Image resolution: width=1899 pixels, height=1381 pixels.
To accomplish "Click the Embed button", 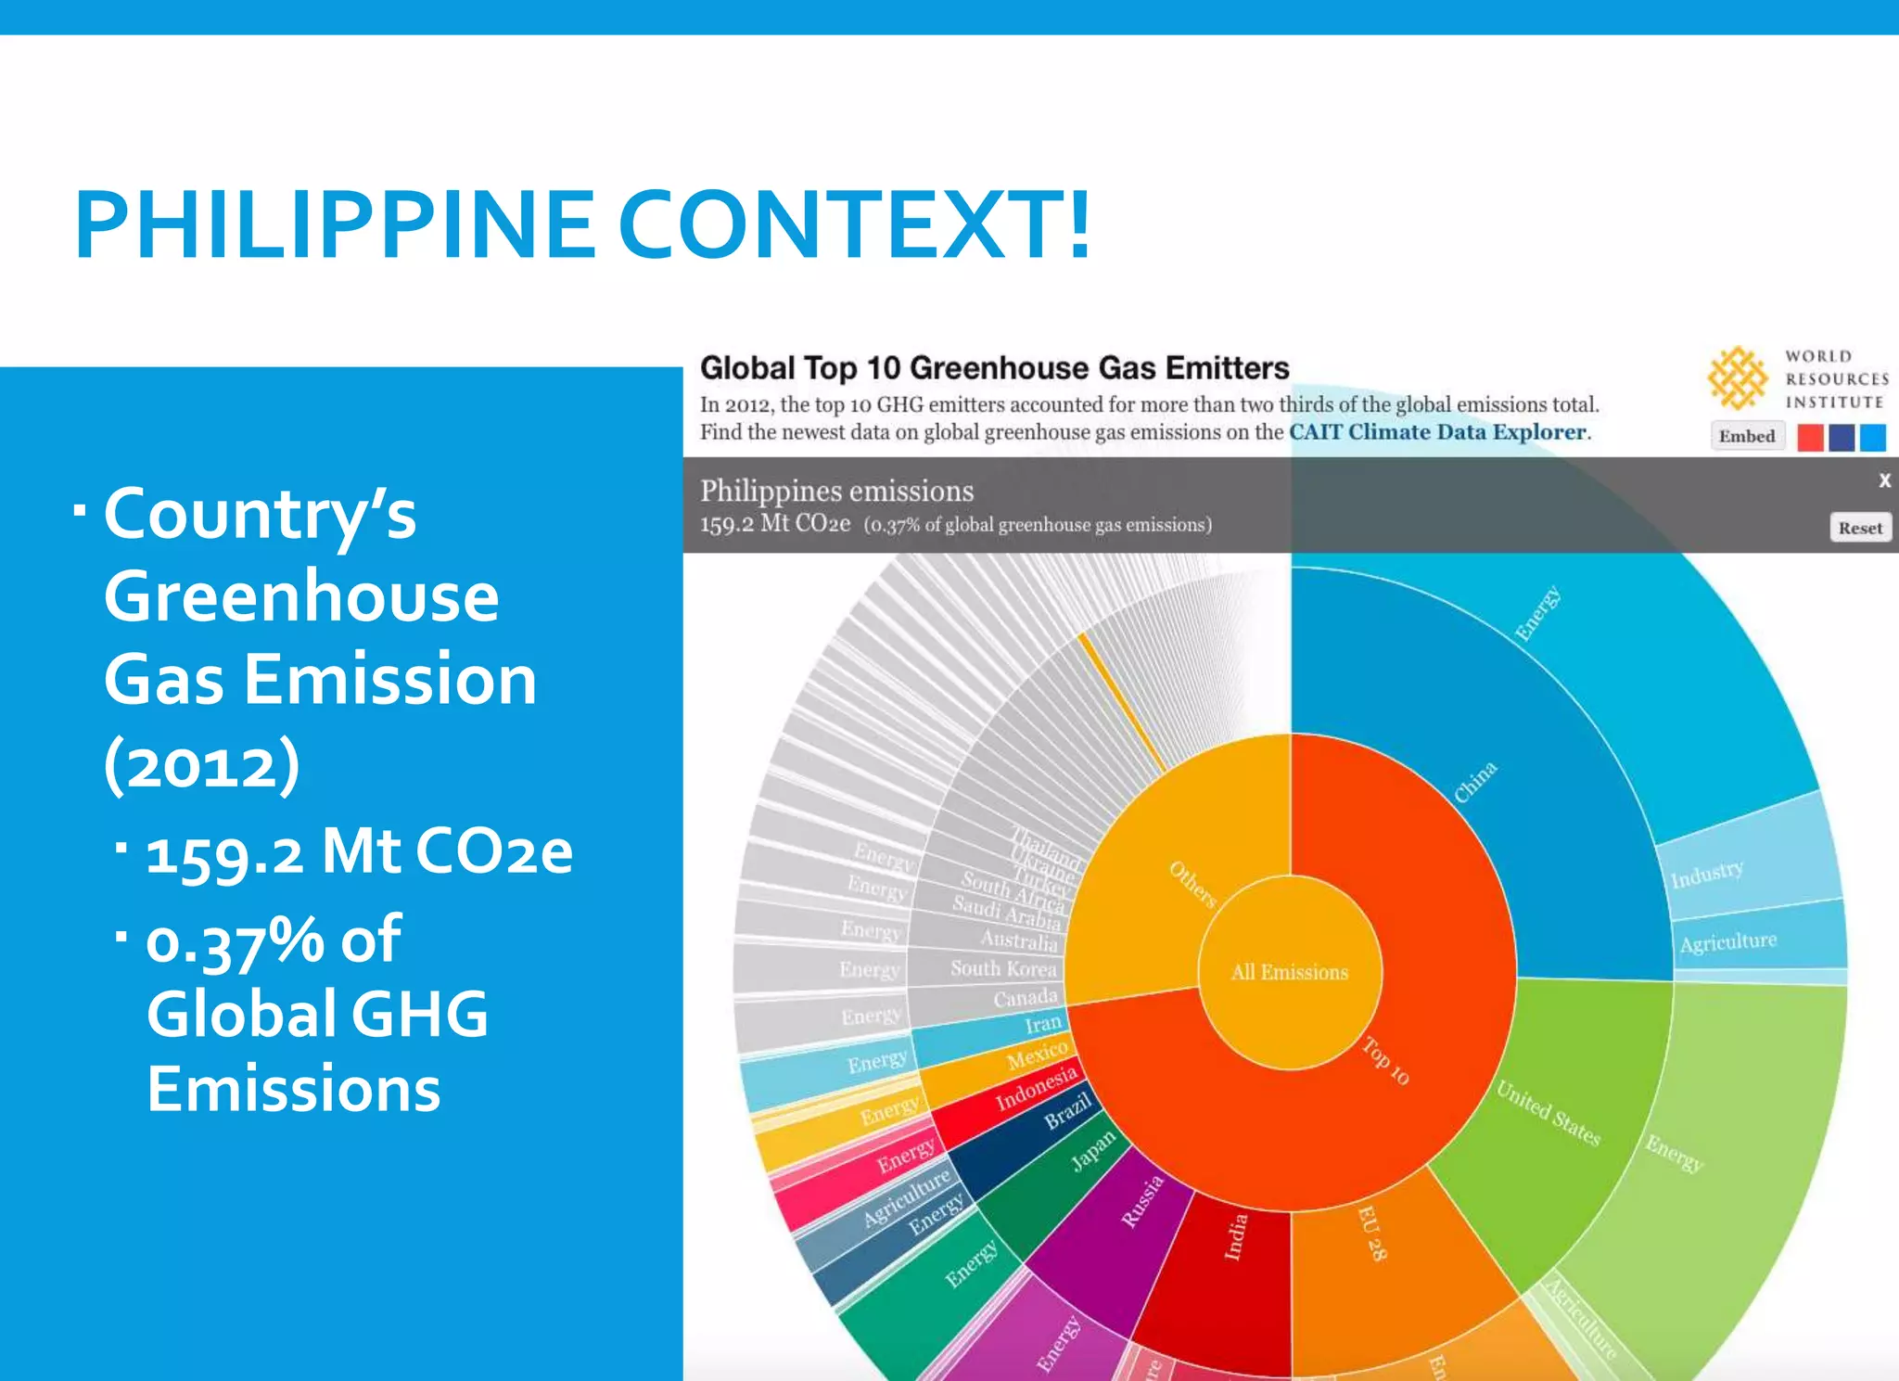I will pyautogui.click(x=1747, y=436).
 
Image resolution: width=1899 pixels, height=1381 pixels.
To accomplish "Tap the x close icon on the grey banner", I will pyautogui.click(x=1884, y=480).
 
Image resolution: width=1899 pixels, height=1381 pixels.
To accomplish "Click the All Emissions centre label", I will pyautogui.click(x=1289, y=972).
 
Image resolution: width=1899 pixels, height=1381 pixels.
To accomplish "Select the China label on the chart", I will pyautogui.click(x=1474, y=781).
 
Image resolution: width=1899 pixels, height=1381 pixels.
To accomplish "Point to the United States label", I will pyautogui.click(x=1548, y=1113).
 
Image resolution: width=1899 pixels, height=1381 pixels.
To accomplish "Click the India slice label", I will pyautogui.click(x=1235, y=1236).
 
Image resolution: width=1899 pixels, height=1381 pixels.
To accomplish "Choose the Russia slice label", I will pyautogui.click(x=1142, y=1201).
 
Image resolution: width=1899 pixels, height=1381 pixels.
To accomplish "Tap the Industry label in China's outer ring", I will pyautogui.click(x=1706, y=874).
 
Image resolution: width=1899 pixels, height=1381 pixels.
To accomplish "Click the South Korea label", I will pyautogui.click(x=1003, y=968).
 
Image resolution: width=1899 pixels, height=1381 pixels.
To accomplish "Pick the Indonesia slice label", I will pyautogui.click(x=1037, y=1087).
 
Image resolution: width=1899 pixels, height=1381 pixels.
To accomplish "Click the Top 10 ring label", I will pyautogui.click(x=1385, y=1060).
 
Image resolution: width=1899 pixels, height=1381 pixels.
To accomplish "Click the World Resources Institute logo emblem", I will pyautogui.click(x=1737, y=378).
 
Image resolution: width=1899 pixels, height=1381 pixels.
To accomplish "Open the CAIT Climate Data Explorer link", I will pyautogui.click(x=1437, y=432).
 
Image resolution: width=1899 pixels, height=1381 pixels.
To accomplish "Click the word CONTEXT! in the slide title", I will pyautogui.click(x=854, y=224).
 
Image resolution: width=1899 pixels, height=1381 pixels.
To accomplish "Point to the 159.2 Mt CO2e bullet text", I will pyautogui.click(x=360, y=851).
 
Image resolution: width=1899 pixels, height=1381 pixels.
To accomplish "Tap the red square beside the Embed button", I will pyautogui.click(x=1810, y=437).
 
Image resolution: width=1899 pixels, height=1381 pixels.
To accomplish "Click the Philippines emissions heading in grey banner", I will pyautogui.click(x=836, y=491).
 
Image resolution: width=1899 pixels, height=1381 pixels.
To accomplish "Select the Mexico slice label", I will pyautogui.click(x=1037, y=1055).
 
